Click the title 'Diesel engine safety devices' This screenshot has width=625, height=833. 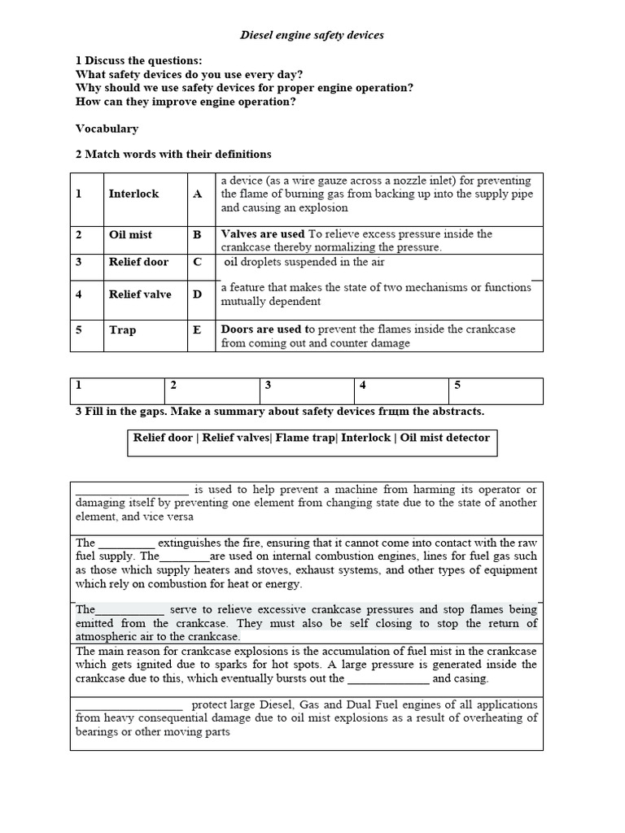click(312, 36)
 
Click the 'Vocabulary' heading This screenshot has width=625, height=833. click(107, 129)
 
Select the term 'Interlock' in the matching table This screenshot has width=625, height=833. click(133, 194)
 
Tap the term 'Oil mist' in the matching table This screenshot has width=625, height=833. click(130, 234)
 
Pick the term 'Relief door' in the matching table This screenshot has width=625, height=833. click(138, 262)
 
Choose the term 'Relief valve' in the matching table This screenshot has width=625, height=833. click(140, 294)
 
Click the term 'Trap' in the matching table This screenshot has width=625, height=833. click(122, 330)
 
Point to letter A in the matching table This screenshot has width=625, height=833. click(197, 194)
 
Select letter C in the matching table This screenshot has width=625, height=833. click(197, 262)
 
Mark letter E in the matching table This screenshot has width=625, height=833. click(197, 330)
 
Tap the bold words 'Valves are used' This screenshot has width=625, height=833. click(262, 234)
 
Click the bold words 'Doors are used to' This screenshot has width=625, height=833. click(268, 329)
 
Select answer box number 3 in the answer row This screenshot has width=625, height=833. click(307, 391)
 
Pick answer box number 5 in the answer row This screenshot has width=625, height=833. click(496, 391)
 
